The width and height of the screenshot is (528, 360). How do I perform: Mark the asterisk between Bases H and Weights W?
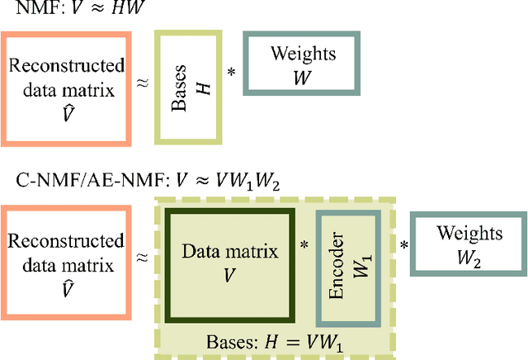232,73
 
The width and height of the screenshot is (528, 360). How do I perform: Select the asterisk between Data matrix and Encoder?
304,246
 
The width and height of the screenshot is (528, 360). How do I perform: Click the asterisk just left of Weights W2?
404,246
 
